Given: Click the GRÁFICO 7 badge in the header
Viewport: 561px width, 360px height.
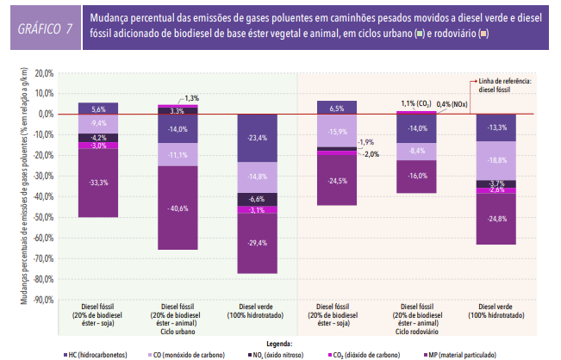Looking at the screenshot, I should coord(45,28).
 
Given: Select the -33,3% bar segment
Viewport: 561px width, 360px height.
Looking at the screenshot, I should coord(98,183).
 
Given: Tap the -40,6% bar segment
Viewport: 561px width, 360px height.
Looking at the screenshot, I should coord(177,208).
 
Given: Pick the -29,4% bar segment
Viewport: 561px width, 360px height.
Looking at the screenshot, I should coord(256,243).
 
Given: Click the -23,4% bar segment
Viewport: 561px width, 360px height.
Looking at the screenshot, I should coord(256,138).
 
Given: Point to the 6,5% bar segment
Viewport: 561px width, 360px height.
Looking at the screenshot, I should coord(336,108).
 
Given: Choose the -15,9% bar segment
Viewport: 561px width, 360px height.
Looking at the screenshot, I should coord(336,131).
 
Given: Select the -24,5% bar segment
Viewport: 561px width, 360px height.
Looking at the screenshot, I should coord(336,181).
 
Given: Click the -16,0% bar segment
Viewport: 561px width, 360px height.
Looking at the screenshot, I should coord(416,176).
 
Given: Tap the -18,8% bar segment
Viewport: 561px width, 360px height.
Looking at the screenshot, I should coord(496,160).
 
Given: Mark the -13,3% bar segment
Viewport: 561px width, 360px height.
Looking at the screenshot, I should coord(496,127).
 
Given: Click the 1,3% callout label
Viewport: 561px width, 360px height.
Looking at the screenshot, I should coord(191,97).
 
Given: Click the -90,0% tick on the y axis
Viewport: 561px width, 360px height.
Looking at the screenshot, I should coord(44,299).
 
